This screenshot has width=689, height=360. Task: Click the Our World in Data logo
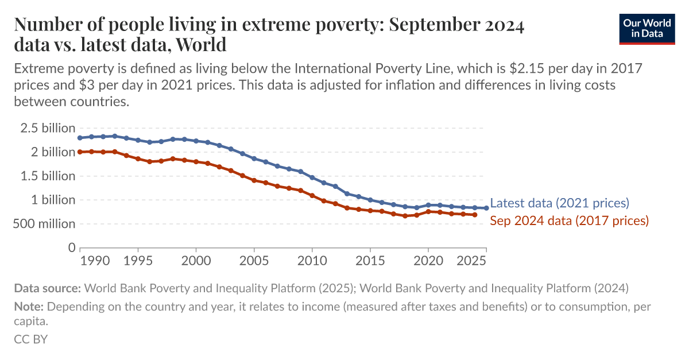point(647,29)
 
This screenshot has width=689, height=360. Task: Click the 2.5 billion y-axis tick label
point(48,128)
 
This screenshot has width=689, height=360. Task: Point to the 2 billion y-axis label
point(53,152)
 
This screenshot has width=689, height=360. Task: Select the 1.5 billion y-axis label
point(48,176)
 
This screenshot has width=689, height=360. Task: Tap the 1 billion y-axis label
point(53,200)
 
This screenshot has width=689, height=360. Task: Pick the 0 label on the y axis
point(72,248)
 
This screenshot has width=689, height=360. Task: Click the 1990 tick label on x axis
point(95,260)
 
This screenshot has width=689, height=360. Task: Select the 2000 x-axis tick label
point(196,260)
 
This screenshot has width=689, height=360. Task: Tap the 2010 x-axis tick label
point(312,260)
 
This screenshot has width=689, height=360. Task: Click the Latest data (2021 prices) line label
point(560,203)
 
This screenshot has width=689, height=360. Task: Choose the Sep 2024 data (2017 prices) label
point(569,220)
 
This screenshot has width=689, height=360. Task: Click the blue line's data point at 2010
point(312,177)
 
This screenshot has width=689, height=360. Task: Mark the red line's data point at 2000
point(196,162)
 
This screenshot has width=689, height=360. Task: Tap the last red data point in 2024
point(474,215)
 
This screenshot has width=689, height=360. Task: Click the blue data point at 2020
point(428,205)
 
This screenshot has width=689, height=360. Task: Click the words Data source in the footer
point(48,288)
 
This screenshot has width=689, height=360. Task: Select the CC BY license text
point(30,339)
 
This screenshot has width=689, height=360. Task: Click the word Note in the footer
point(26,307)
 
